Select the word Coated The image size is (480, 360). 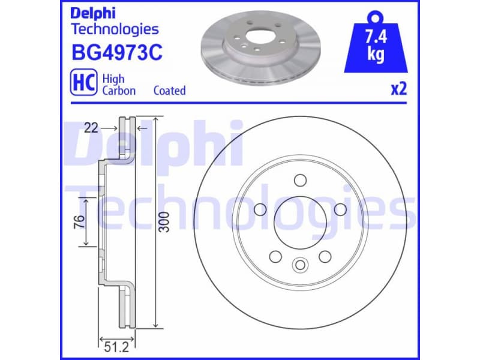click(x=169, y=91)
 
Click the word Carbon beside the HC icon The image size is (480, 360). click(x=119, y=91)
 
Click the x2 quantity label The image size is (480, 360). click(x=399, y=89)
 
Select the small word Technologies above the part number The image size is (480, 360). click(x=115, y=28)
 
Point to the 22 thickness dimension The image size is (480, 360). click(x=91, y=128)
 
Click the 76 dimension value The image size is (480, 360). click(x=79, y=221)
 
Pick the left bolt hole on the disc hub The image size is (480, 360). click(x=260, y=209)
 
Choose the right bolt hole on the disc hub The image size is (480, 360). click(x=340, y=209)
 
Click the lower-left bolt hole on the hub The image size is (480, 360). click(x=275, y=256)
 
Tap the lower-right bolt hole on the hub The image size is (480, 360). click(x=325, y=256)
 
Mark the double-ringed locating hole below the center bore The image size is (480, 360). click(x=300, y=265)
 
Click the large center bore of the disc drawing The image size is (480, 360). click(x=300, y=222)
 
